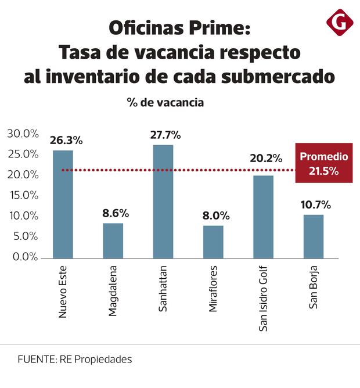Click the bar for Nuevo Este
point(63,203)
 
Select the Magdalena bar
point(113,240)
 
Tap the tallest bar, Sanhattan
point(163,200)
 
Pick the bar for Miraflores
point(213,241)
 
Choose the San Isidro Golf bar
point(263,216)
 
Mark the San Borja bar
point(314,236)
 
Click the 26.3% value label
point(66,141)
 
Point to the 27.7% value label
point(165,135)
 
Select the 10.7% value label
point(316,204)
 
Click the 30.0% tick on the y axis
point(23,134)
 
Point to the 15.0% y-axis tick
point(23,195)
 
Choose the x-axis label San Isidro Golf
point(264,299)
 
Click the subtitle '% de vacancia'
point(165,102)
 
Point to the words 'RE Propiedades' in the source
point(95,359)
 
